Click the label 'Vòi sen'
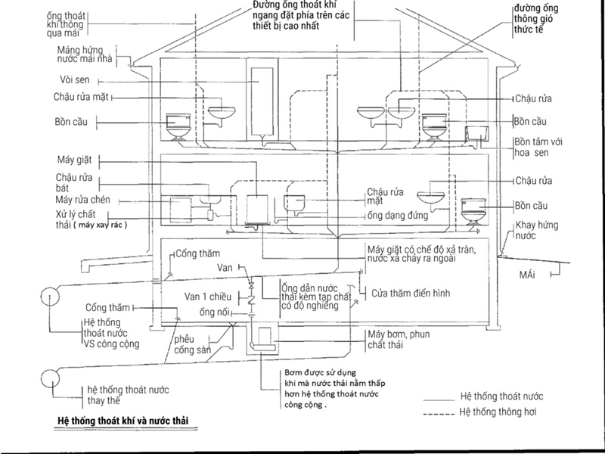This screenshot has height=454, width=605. coord(75,80)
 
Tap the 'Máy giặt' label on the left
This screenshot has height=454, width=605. coord(74,160)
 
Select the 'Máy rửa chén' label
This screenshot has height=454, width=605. coord(82,200)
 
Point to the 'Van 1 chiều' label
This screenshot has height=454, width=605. coord(208,297)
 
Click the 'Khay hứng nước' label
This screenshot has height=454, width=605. coord(537,230)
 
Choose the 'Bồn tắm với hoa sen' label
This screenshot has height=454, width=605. coord(538,147)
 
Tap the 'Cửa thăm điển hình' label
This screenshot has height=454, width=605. coord(411,294)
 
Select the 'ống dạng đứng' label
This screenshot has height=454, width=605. coord(398,215)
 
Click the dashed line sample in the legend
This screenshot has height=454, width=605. coord(439,414)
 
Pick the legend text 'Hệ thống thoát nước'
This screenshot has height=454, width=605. coord(501,396)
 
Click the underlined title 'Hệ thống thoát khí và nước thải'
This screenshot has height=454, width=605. coord(123,421)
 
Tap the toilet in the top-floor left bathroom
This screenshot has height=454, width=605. coord(178,126)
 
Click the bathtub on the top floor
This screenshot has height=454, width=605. coord(476,133)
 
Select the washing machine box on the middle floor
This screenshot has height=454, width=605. coord(257,209)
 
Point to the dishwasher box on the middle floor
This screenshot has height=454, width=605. coord(181,210)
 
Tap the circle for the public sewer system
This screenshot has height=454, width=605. coord(50,297)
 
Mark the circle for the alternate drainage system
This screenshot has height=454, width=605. coord(50,378)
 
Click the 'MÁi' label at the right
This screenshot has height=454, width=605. coord(527,275)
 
